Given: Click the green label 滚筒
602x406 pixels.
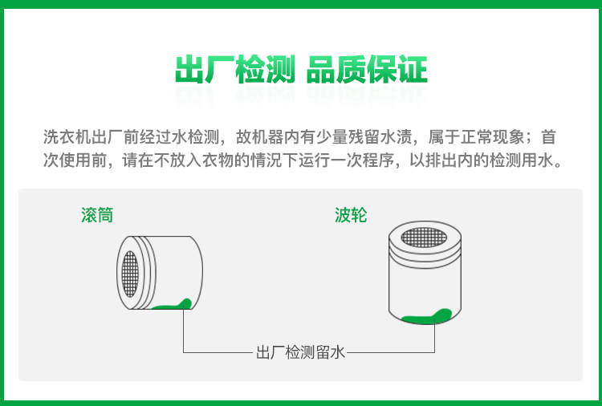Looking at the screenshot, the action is [97, 215].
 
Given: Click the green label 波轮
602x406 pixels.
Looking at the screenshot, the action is [351, 215].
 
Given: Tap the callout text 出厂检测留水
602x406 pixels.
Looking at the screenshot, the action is [301, 352].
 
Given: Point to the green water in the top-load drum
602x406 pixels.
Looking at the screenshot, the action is [426, 317].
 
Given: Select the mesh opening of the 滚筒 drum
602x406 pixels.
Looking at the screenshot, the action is [130, 274].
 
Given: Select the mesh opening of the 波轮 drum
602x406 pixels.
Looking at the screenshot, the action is [424, 238].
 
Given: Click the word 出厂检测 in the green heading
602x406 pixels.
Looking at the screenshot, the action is [235, 70].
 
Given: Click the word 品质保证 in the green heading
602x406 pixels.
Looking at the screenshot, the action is [367, 70].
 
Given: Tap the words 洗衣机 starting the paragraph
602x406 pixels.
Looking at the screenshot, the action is [67, 137].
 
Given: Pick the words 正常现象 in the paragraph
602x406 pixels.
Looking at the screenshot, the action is [492, 137].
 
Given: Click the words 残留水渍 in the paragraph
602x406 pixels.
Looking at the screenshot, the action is [380, 137].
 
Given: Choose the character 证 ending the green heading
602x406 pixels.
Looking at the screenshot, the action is [413, 70].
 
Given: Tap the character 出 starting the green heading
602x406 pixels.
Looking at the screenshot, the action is [189, 70].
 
